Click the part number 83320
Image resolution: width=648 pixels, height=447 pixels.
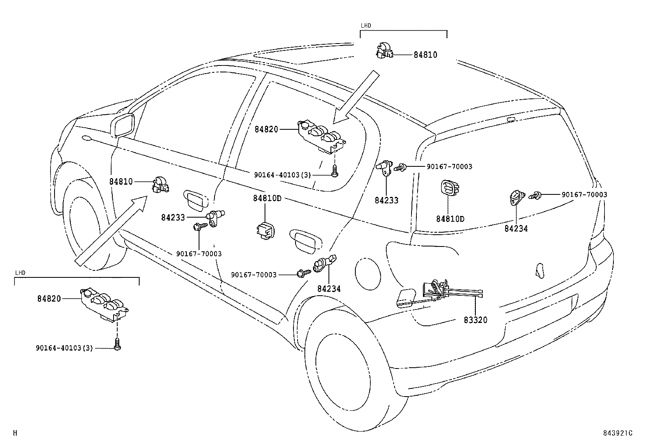click(x=475, y=320)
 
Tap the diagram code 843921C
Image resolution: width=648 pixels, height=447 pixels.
click(x=617, y=433)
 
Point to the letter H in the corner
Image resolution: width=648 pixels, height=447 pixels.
click(x=15, y=433)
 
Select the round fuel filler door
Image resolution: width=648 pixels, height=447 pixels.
click(x=368, y=270)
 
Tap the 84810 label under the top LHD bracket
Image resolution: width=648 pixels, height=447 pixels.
click(x=425, y=55)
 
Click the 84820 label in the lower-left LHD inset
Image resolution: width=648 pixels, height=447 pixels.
click(x=49, y=299)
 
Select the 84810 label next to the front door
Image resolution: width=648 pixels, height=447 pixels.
click(x=121, y=181)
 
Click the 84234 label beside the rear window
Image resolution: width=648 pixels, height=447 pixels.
click(x=516, y=229)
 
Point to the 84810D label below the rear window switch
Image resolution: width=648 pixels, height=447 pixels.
click(x=450, y=219)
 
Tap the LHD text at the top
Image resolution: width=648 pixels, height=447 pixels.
click(x=366, y=26)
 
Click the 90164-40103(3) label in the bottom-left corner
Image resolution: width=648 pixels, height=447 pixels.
click(x=64, y=348)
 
